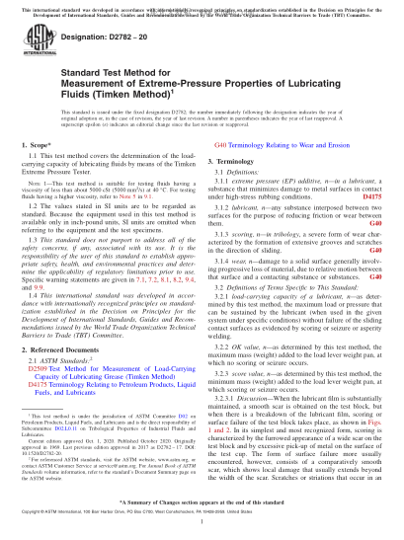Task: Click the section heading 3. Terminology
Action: [238, 158]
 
